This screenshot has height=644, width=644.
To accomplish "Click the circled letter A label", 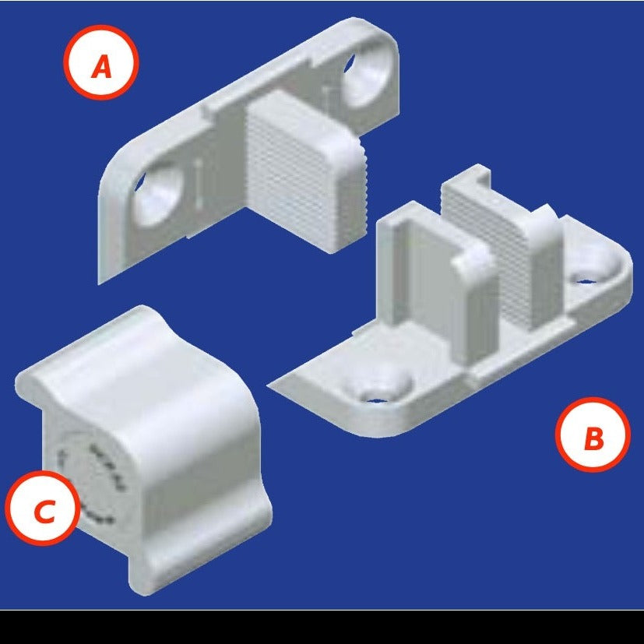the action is click(x=101, y=62).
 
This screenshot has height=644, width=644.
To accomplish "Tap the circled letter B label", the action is click(x=593, y=435).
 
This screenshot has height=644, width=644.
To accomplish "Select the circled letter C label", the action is click(x=43, y=508).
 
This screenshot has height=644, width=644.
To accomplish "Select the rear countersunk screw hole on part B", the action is click(x=591, y=273).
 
